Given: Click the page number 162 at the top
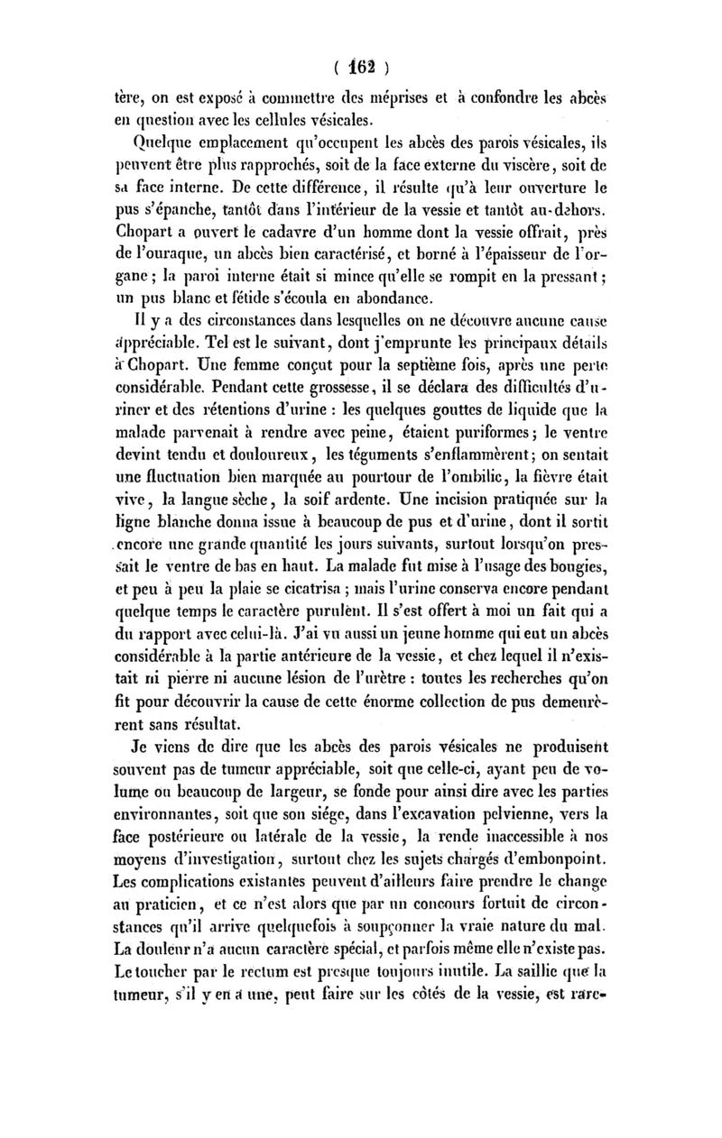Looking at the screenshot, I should tap(362, 65).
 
